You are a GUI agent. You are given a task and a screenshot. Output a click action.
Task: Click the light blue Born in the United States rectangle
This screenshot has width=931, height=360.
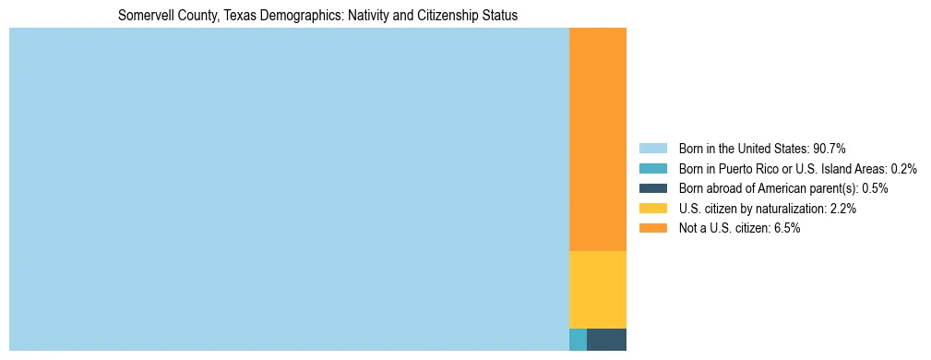tap(289, 189)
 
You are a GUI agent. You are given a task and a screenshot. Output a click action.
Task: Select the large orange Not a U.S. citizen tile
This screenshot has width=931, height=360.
tap(598, 139)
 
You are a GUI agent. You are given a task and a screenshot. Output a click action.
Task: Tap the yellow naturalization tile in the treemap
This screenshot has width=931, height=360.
tap(598, 289)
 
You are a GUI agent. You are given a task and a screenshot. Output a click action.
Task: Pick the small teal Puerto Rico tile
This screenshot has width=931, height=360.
tap(578, 339)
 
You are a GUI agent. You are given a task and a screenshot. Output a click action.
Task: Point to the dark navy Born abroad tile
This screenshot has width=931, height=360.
tap(606, 339)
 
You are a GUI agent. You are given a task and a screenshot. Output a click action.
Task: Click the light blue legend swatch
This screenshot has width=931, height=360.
tap(652, 149)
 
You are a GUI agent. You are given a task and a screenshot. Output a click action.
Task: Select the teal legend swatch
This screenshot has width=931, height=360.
tap(652, 169)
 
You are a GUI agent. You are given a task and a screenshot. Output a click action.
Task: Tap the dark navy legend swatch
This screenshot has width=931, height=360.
tap(652, 188)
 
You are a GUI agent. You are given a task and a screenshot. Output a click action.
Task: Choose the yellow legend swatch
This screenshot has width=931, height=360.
tap(652, 209)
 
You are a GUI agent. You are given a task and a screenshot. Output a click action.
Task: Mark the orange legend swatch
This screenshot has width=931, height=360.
tap(652, 228)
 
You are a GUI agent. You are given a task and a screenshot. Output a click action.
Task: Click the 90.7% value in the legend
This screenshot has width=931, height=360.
tap(829, 149)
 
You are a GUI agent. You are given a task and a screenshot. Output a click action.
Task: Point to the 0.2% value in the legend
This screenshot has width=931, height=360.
tap(903, 169)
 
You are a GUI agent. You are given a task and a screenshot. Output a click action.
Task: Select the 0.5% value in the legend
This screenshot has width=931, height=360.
tap(875, 188)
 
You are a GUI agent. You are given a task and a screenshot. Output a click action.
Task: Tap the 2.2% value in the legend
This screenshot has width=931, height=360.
tap(842, 209)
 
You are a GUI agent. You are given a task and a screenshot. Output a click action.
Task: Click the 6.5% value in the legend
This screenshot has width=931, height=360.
tap(785, 228)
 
